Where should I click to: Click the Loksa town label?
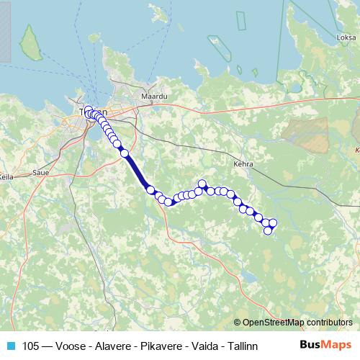tap(346, 37)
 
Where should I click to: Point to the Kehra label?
tap(243, 164)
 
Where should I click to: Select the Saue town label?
tap(41, 174)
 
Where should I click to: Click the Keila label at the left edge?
tap(6, 176)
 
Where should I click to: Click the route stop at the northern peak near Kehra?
tap(202, 184)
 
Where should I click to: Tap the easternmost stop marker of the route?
tap(273, 223)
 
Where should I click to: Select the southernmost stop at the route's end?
tap(268, 230)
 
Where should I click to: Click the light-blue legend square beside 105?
tap(10, 346)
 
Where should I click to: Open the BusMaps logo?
tap(325, 345)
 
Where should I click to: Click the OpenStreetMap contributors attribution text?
tap(297, 323)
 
